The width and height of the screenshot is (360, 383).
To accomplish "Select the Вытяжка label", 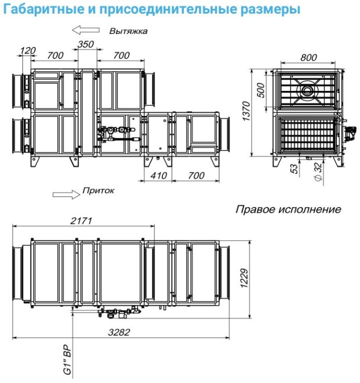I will coord(128,31).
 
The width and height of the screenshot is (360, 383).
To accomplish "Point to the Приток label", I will coord(98,191).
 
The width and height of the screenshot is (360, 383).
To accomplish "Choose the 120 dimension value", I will coord(27,51).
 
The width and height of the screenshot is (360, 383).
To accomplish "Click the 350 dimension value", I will coord(86,44).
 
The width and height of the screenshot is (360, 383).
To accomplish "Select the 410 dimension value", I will coord(158,175).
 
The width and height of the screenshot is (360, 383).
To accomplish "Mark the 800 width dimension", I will coord(309,57).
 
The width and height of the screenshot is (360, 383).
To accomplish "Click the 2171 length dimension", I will coord(81,220).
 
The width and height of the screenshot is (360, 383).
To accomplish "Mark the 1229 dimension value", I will coord(245,280).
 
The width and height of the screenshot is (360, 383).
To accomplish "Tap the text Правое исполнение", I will coord(288,210).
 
